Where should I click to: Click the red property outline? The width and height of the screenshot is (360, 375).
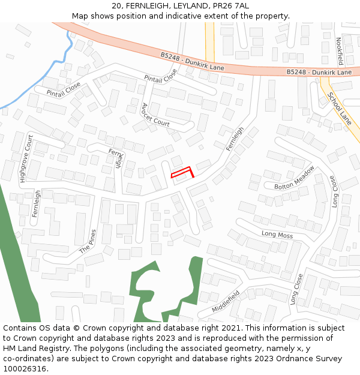(182, 173)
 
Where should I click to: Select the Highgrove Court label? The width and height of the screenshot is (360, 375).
(26, 159)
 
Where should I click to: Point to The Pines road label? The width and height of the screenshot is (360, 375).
(88, 241)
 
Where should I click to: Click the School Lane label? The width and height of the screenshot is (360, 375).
(340, 110)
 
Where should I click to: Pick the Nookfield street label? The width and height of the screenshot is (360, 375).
(340, 51)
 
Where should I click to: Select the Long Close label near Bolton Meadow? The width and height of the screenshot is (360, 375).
(334, 191)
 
